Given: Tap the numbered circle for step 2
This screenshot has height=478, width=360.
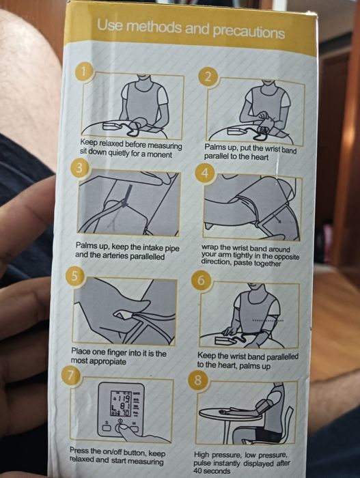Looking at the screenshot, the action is point(208,77).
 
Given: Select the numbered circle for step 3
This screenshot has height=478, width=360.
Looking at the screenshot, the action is point(79,168).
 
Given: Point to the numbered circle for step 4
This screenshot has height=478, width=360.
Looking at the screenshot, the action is point(205,173).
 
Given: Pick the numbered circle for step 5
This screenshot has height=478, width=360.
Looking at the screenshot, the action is point(74,276).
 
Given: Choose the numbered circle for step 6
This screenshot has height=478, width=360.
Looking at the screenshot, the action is point(201,280).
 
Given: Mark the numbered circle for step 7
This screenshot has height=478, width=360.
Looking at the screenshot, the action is point(71,376).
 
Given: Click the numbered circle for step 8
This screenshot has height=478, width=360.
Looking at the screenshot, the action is point(197,381).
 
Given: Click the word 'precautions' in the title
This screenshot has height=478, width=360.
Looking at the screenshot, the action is point(249,31).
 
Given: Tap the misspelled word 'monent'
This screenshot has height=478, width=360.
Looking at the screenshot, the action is point(160,154).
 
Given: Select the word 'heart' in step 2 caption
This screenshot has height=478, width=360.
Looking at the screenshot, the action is point(260,157).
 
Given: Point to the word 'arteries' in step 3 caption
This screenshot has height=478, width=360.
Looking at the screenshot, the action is point(116,255).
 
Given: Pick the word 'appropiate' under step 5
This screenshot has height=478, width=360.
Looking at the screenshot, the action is point(109,362).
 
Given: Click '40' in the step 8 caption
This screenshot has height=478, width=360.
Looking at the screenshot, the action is point(197,470).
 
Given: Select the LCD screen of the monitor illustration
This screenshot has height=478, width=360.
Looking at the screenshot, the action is point(121,404).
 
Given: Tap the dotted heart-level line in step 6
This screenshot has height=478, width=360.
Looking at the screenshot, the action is point(268,321).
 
